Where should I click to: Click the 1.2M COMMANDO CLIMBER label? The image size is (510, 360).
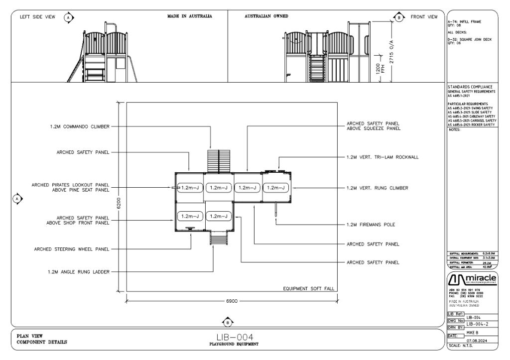[x=79, y=126]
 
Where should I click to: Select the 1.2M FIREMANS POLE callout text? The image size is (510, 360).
[x=371, y=225]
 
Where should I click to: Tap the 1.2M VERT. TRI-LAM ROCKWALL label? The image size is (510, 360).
[x=382, y=157]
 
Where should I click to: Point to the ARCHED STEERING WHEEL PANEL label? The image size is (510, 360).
[x=72, y=249]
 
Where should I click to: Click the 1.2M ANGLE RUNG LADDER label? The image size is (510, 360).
[x=79, y=272]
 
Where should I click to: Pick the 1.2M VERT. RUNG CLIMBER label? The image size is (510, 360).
[x=377, y=188]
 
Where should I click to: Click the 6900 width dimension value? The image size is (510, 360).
[x=232, y=302]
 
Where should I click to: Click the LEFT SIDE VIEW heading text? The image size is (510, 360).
[x=37, y=17]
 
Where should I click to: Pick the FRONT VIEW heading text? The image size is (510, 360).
[x=424, y=17]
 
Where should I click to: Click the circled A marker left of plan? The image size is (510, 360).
[x=18, y=199]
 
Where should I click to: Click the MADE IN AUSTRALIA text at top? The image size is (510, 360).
[x=189, y=16]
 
